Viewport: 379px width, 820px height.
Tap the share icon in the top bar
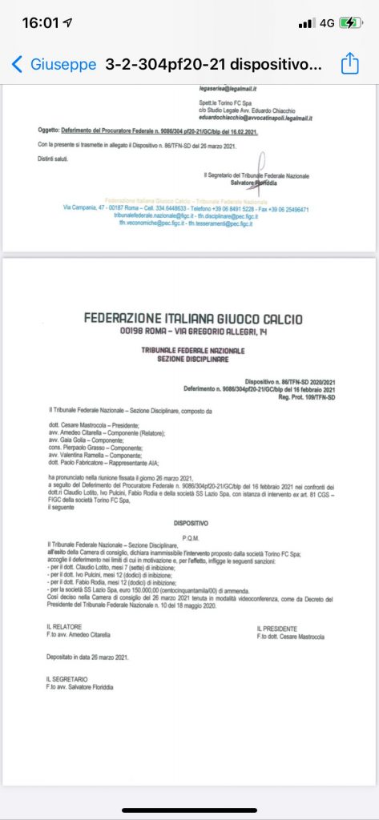[x=349, y=64]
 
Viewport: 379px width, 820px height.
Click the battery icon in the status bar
[x=351, y=23]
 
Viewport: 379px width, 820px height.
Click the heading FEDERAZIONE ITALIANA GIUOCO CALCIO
[x=193, y=320]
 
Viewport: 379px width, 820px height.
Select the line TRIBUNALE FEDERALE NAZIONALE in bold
[x=193, y=350]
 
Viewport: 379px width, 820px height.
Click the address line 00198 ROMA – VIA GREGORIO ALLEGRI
[x=193, y=332]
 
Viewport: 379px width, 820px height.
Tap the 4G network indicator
[x=327, y=23]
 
